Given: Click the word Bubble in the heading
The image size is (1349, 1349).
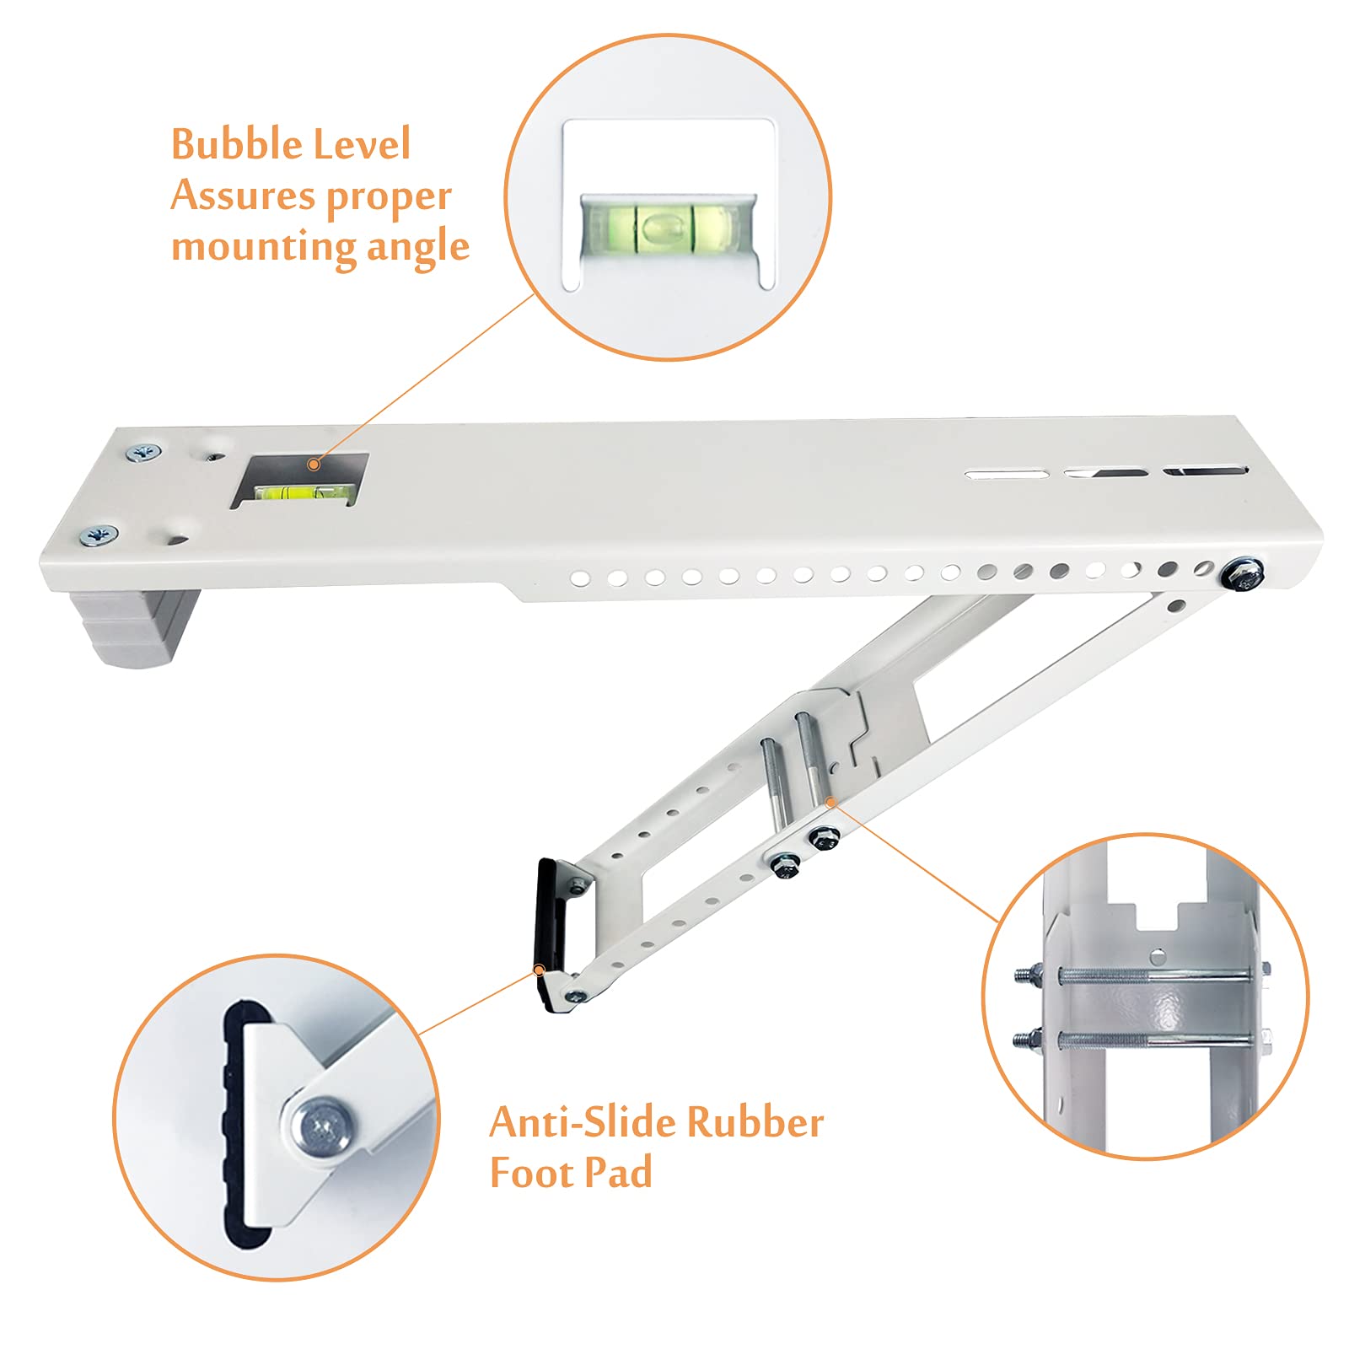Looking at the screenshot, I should pyautogui.click(x=229, y=144).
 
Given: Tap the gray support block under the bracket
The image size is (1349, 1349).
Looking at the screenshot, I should pyautogui.click(x=139, y=624).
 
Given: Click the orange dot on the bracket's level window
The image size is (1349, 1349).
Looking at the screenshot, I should pyautogui.click(x=314, y=464).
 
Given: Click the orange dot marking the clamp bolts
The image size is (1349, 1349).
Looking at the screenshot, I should pyautogui.click(x=830, y=801).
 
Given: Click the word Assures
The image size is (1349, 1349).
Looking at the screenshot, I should pyautogui.click(x=243, y=196).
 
